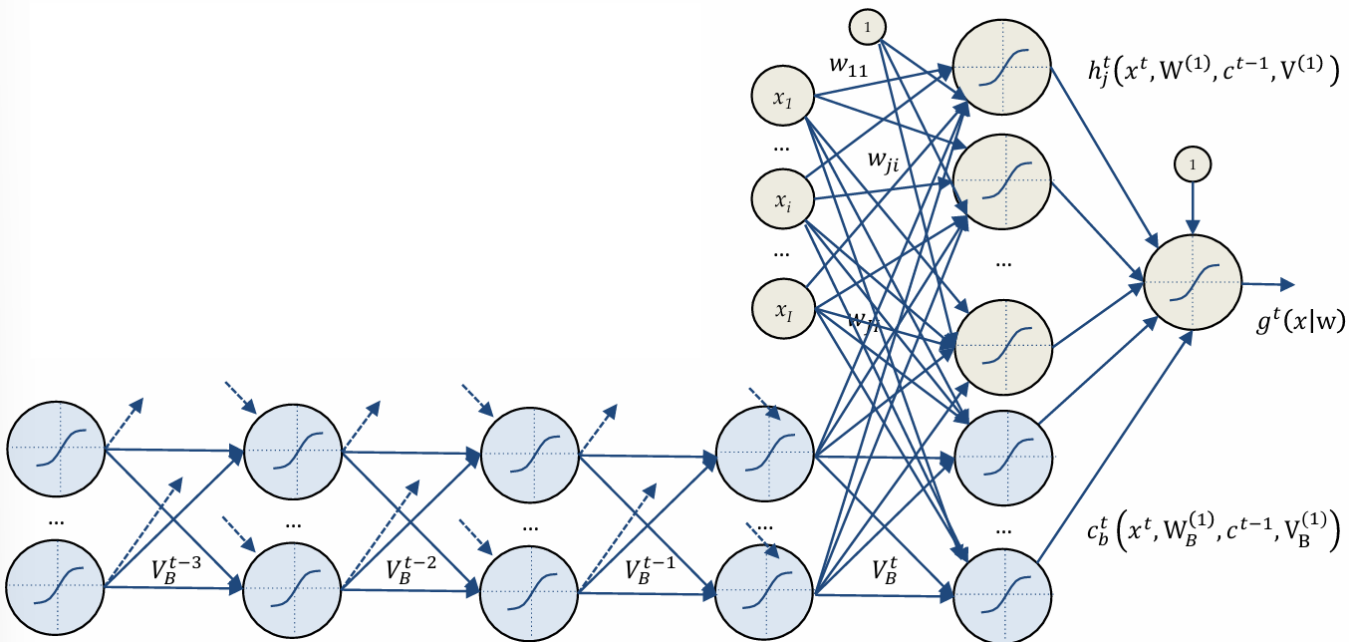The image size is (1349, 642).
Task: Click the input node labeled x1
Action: point(783,98)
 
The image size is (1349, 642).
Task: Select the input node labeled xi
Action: point(783,199)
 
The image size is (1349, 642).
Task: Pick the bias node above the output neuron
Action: point(1192,163)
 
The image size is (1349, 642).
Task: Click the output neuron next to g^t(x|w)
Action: point(1193,282)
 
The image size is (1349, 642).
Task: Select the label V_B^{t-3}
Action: point(176,571)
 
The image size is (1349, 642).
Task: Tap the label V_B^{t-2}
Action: point(410,571)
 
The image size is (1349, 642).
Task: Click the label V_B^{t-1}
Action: point(650,571)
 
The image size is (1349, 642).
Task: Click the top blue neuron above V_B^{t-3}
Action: point(55,450)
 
